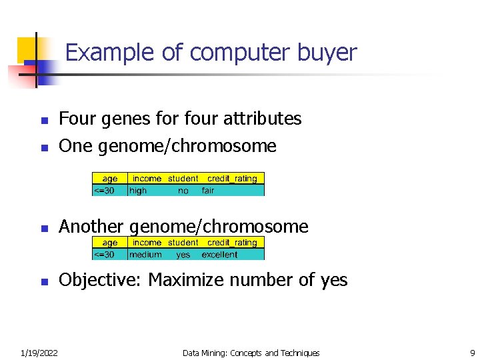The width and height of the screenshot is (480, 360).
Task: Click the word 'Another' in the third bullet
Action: coord(91,227)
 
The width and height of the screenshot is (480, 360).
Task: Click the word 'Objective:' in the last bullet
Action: coord(101,280)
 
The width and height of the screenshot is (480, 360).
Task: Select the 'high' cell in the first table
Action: coord(138,190)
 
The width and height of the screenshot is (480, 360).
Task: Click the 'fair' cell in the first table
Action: coord(208,190)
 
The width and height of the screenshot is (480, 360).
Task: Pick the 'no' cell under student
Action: coord(183,190)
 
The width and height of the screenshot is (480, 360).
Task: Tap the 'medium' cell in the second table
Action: coord(145,254)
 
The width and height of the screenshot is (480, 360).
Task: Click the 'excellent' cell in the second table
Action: coord(219,254)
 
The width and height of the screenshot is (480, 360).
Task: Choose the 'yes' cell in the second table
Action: coord(183,254)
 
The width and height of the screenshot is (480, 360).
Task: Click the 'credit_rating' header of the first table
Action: coord(232,178)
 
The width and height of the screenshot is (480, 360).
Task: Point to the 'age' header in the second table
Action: coord(110,243)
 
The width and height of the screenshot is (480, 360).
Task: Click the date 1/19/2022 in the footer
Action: coord(39,353)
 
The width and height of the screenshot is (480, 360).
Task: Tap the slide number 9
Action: coord(471,353)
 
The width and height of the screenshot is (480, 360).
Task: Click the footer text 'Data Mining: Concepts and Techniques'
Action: coord(251,353)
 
